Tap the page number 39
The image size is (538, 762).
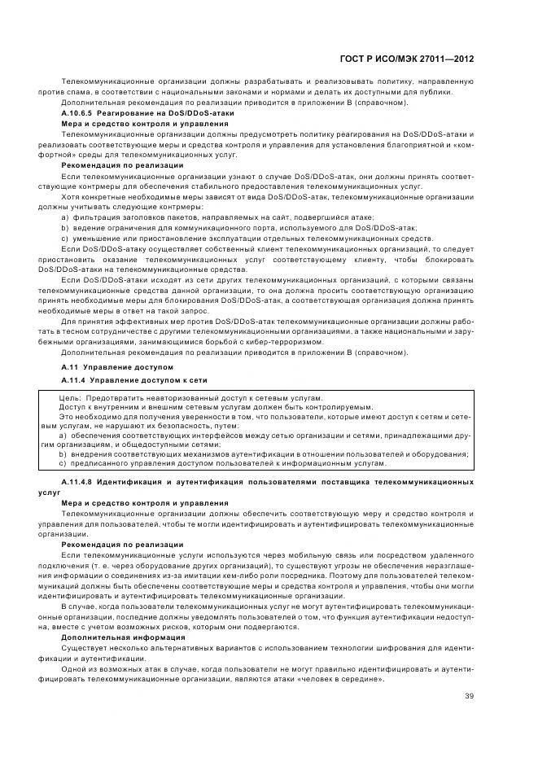point(470,695)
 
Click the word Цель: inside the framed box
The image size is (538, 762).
point(69,396)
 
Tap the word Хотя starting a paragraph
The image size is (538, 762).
point(71,198)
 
